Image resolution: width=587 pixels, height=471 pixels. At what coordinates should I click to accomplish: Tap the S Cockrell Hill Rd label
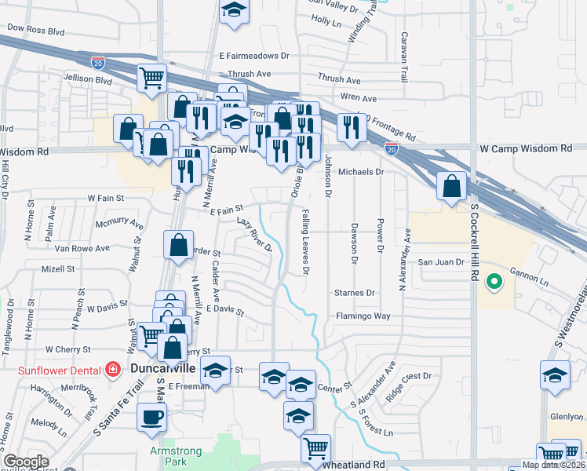[x=474, y=253]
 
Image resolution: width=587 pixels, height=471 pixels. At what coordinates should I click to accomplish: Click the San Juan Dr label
[x=441, y=262]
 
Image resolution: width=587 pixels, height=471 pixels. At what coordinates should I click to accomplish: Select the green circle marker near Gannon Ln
[x=494, y=280]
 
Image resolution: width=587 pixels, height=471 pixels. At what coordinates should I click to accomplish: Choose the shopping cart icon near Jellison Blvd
[x=152, y=77]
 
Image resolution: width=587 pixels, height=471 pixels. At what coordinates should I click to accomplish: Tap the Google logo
[x=27, y=462]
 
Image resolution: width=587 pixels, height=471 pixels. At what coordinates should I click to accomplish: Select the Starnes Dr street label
[x=355, y=293]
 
